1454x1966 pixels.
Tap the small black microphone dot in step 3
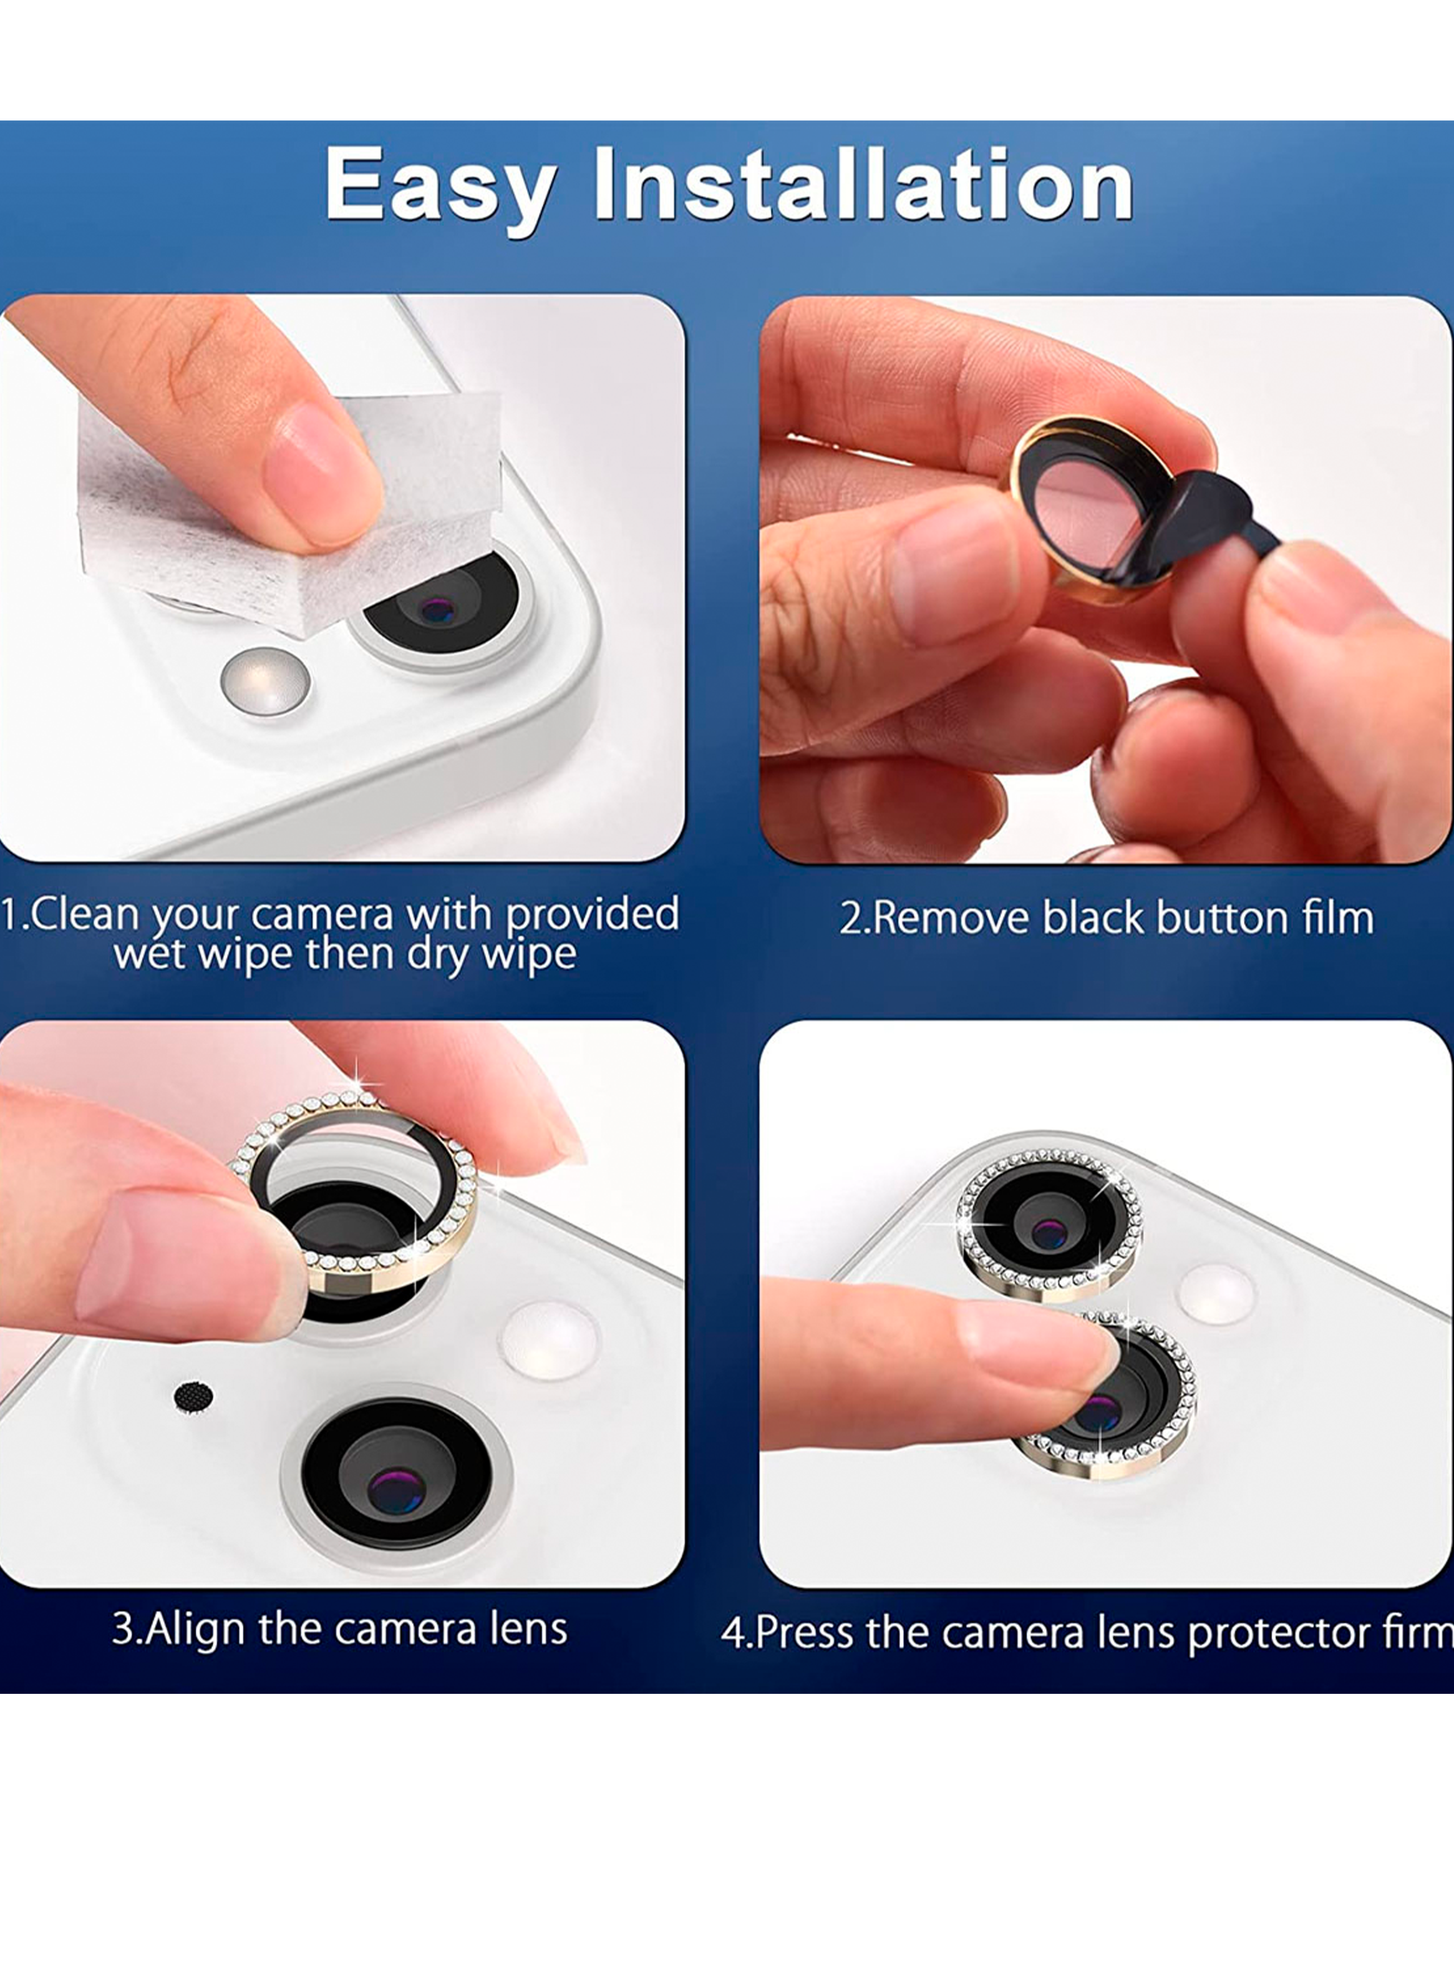pyautogui.click(x=193, y=1396)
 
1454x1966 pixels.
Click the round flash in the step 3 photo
pyautogui.click(x=548, y=1341)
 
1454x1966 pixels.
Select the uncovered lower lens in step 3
pyautogui.click(x=397, y=1472)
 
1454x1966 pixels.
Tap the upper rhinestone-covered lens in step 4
pyautogui.click(x=1049, y=1226)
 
